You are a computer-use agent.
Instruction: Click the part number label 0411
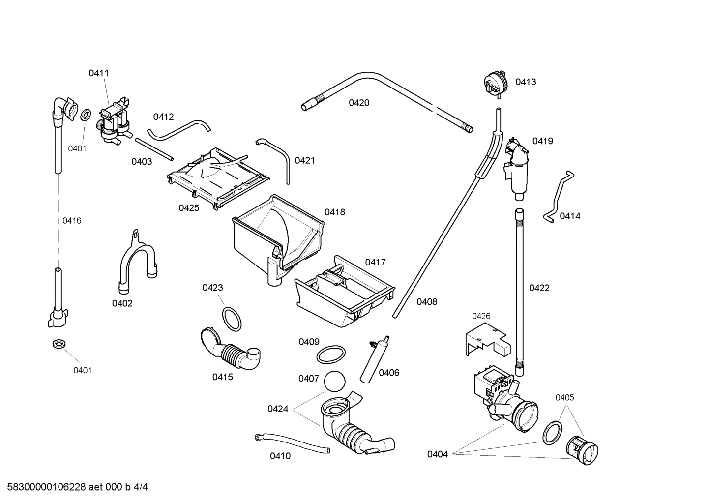coord(98,73)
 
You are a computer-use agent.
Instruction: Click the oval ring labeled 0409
coord(329,354)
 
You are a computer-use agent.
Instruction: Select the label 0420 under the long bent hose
coord(359,103)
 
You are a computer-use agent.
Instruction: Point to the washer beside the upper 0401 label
coord(85,116)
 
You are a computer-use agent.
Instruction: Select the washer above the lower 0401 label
coord(59,343)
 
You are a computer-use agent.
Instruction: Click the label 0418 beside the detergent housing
coord(334,212)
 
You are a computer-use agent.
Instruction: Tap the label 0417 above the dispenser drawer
coord(375,262)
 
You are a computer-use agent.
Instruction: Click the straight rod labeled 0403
coord(154,149)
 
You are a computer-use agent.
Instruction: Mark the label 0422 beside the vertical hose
coord(539,288)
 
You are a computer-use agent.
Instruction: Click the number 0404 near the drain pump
coord(437,454)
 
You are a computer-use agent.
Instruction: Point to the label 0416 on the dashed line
coord(72,221)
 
